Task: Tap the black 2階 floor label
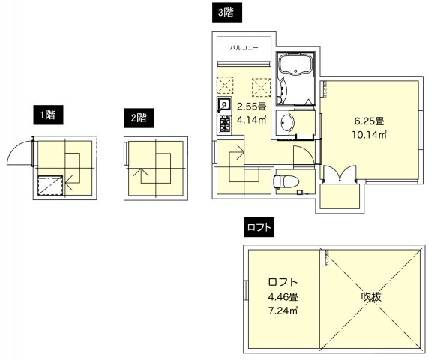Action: (x=137, y=117)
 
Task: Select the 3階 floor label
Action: (x=223, y=12)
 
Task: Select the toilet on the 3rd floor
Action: (x=284, y=181)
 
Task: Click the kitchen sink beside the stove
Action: (x=223, y=104)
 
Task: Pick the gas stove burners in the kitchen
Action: (x=223, y=121)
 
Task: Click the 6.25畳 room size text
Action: (x=369, y=121)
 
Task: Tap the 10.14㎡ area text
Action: (x=369, y=135)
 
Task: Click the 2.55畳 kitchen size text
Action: (x=252, y=106)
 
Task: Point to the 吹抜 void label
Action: (x=372, y=296)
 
